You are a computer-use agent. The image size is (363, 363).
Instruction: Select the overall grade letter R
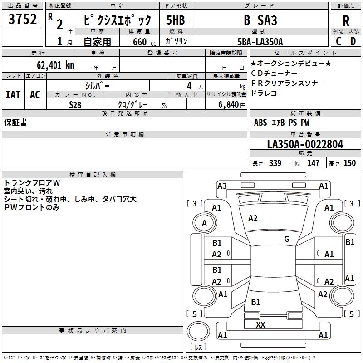(x=346, y=21)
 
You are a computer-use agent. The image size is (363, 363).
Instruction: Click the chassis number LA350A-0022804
(x=305, y=145)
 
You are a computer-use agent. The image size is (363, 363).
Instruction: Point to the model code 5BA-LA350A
(x=260, y=42)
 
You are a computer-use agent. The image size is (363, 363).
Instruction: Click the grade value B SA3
(x=260, y=20)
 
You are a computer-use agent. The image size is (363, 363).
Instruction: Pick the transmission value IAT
(x=13, y=95)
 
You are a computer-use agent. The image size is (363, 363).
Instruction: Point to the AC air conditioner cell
(x=35, y=95)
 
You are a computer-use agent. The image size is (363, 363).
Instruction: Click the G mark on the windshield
(x=287, y=239)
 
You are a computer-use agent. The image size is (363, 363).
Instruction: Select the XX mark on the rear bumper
(x=260, y=324)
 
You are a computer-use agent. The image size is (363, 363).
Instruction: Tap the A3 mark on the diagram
(x=222, y=186)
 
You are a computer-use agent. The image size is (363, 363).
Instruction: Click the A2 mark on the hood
(x=253, y=218)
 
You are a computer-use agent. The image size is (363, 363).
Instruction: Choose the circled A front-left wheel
(x=204, y=223)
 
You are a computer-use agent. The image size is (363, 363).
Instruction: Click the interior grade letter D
(x=353, y=42)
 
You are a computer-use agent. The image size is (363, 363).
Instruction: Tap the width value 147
(x=313, y=163)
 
